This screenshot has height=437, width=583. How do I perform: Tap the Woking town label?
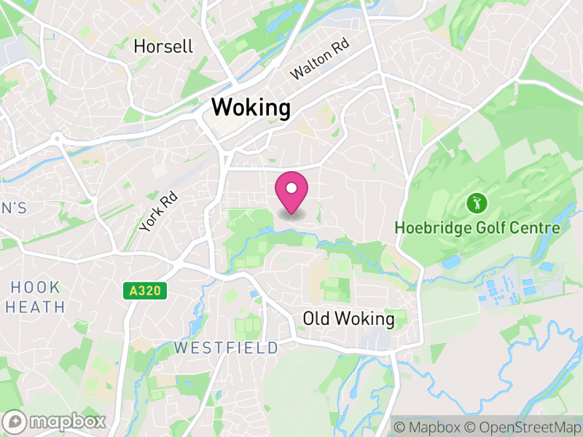tap(251, 109)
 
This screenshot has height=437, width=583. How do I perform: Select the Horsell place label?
tap(164, 47)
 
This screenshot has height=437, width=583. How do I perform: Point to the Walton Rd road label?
tap(321, 61)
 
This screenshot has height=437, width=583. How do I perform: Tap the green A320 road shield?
tap(144, 291)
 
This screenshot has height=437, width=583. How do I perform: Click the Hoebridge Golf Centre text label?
tap(477, 228)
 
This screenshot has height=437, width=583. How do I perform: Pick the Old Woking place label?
tap(348, 319)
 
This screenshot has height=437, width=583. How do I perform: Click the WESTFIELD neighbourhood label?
tap(226, 348)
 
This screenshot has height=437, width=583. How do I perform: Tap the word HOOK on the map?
tap(35, 286)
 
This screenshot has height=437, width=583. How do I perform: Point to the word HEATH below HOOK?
tap(35, 307)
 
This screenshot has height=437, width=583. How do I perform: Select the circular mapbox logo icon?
tap(16, 422)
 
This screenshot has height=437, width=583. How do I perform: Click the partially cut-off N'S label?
tap(13, 208)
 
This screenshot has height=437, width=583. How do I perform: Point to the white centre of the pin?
tap(291, 189)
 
